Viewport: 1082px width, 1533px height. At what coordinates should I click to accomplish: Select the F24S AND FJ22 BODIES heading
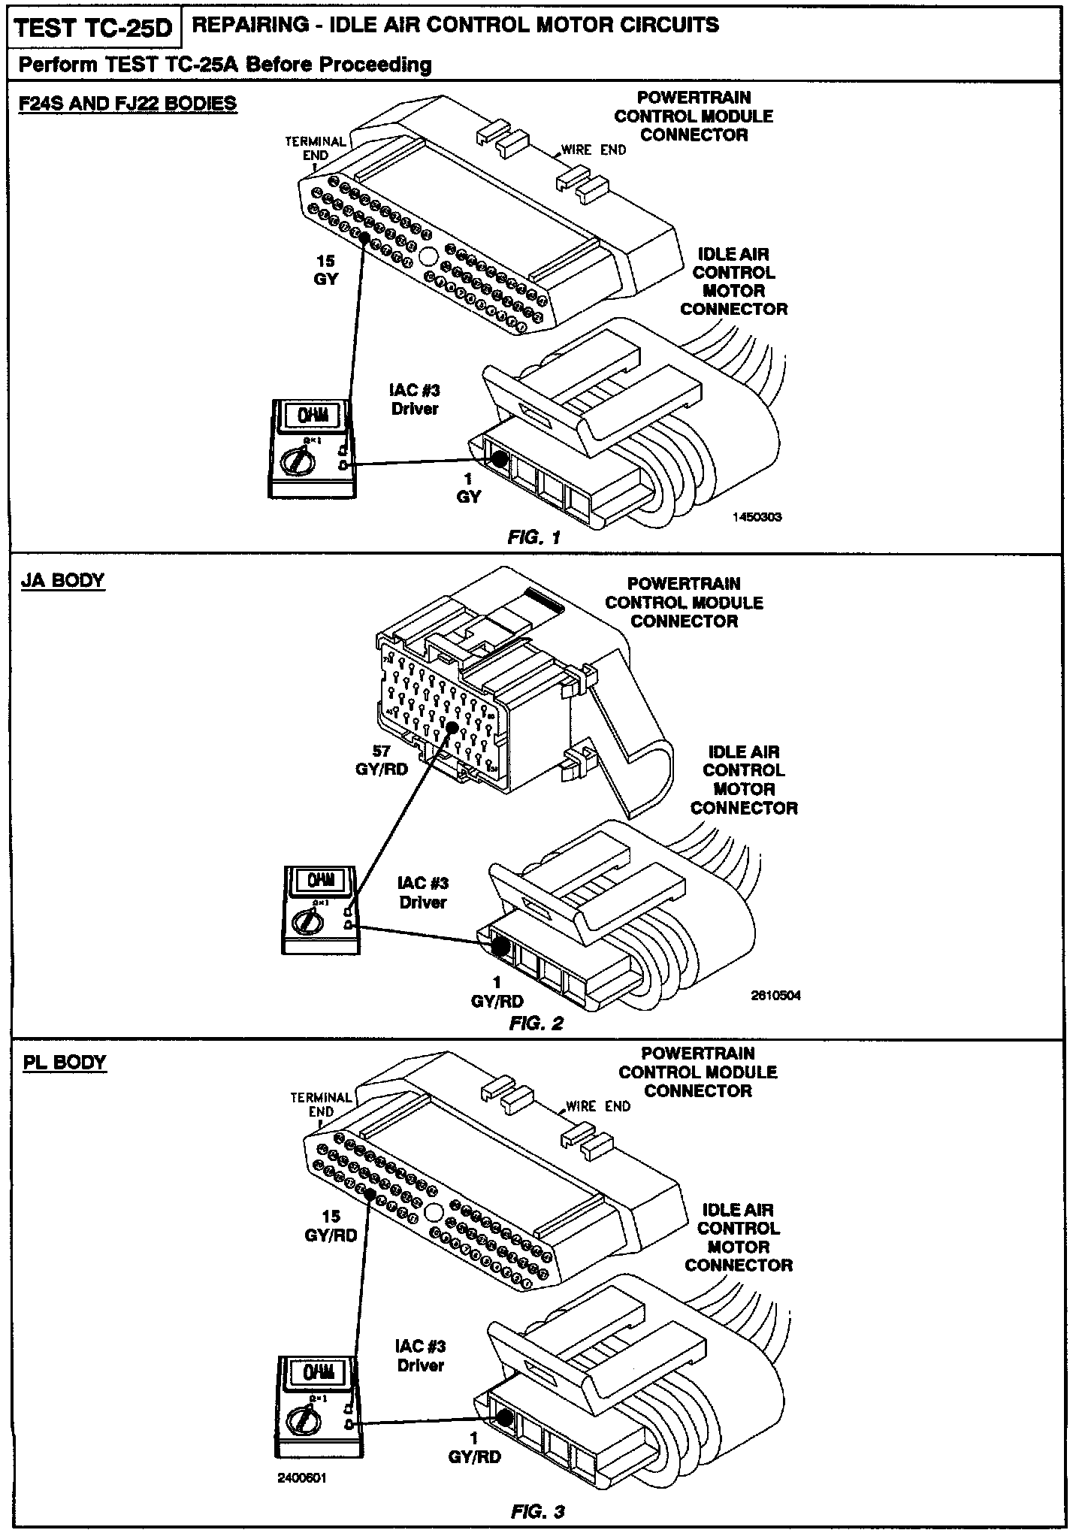tap(127, 103)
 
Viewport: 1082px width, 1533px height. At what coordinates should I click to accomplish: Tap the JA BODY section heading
tap(63, 581)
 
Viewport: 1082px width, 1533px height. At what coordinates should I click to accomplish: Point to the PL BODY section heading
tap(64, 1063)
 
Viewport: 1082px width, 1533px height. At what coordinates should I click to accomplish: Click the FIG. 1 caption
tap(534, 537)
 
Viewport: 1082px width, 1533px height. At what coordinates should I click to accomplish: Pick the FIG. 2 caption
tap(536, 1023)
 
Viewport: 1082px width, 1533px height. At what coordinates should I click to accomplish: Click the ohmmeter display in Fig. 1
tap(313, 415)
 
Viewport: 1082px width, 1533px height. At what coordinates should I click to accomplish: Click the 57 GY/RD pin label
tap(381, 760)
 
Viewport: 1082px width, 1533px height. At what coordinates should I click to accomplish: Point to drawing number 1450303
tap(757, 517)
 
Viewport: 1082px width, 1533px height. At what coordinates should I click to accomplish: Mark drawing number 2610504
tap(775, 996)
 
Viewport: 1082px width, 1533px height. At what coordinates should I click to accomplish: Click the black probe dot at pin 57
tap(452, 727)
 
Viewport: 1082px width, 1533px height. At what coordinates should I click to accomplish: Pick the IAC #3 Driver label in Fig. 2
tap(423, 893)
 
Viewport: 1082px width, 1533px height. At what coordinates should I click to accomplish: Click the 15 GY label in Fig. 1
tap(325, 271)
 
